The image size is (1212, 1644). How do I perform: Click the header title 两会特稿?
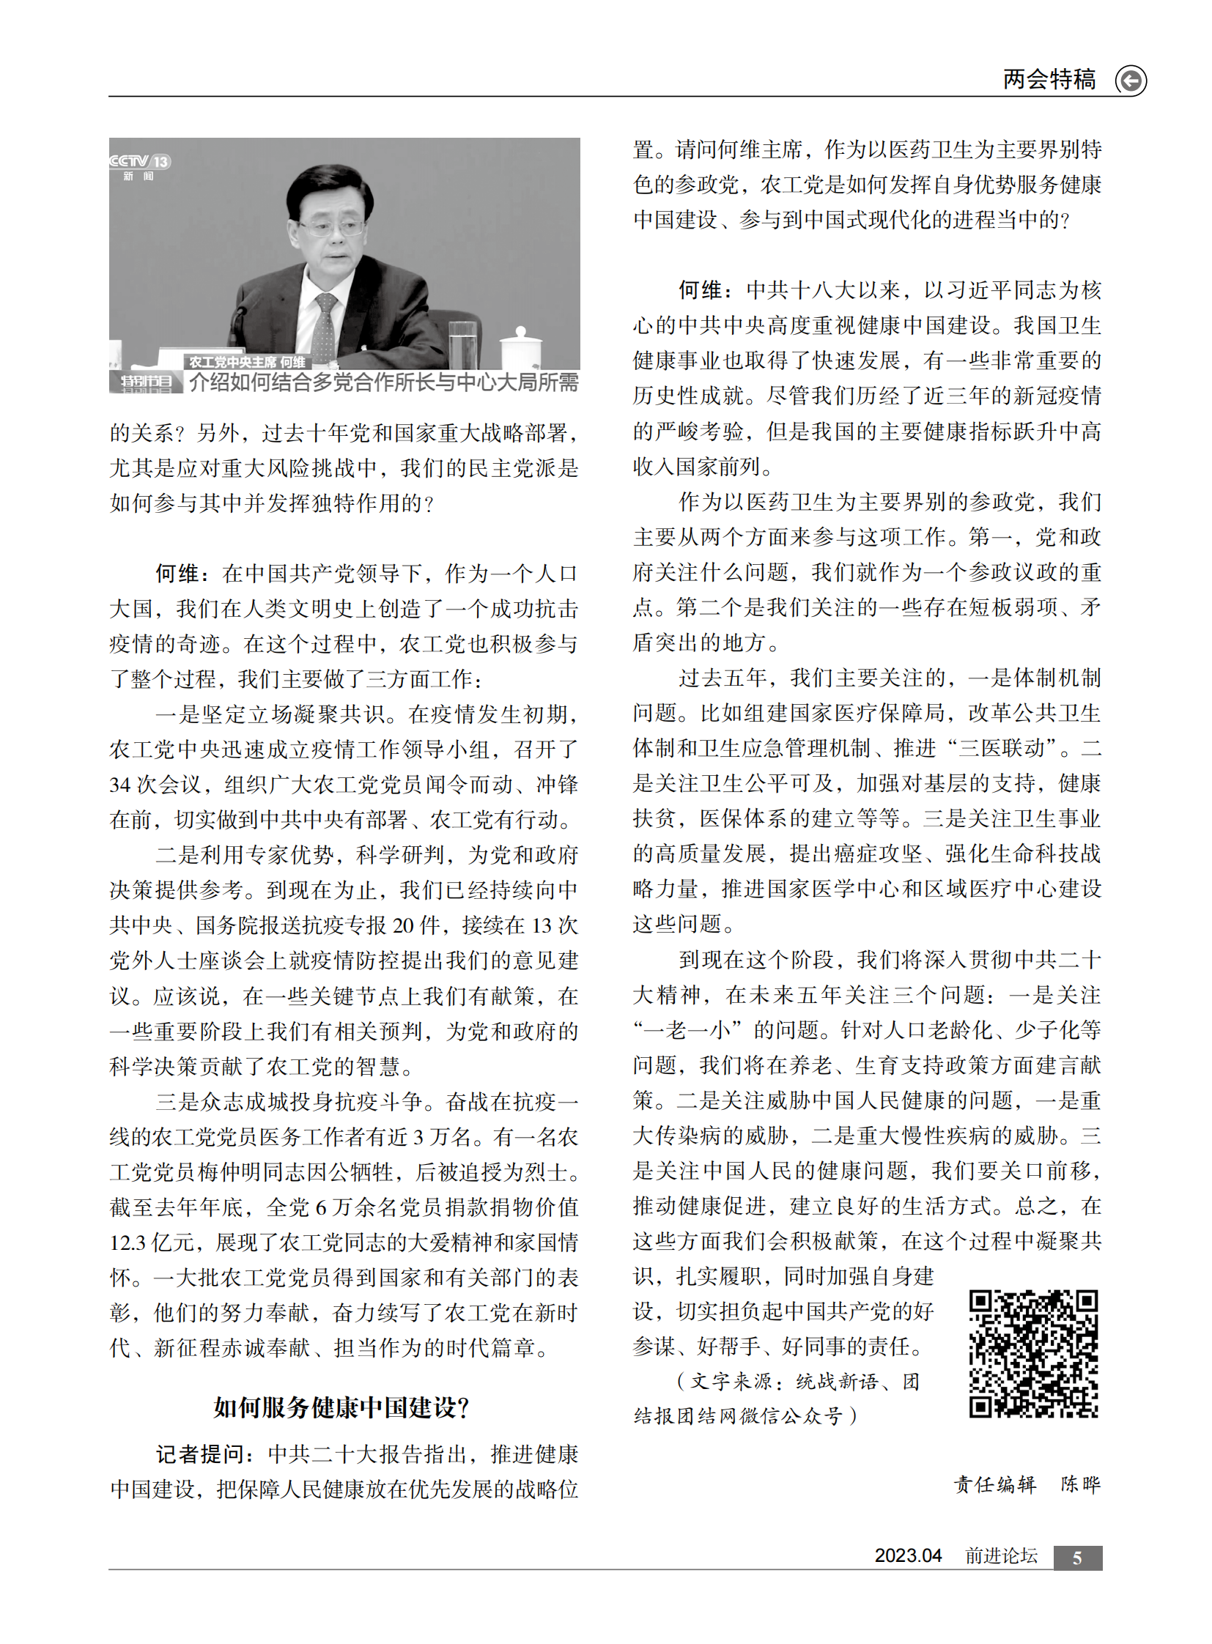point(1049,78)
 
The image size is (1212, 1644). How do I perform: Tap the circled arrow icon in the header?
point(1131,80)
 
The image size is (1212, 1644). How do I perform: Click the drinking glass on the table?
point(462,344)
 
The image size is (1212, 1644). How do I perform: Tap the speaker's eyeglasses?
point(333,226)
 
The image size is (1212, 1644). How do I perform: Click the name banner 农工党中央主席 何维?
point(247,362)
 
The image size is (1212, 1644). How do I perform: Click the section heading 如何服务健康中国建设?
point(342,1407)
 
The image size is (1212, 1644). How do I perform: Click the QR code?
point(1033,1353)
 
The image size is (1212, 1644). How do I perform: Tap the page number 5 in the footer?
point(1077,1558)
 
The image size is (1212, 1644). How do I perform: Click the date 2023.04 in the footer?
point(907,1556)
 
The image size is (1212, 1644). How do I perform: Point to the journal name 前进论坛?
point(1001,1556)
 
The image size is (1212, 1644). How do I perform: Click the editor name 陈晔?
point(1080,1485)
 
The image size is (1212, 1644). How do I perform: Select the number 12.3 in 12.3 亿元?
point(128,1243)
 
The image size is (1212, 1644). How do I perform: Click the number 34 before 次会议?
point(120,785)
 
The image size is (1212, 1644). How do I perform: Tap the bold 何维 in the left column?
point(177,574)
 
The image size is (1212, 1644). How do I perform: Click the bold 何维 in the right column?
point(701,291)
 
